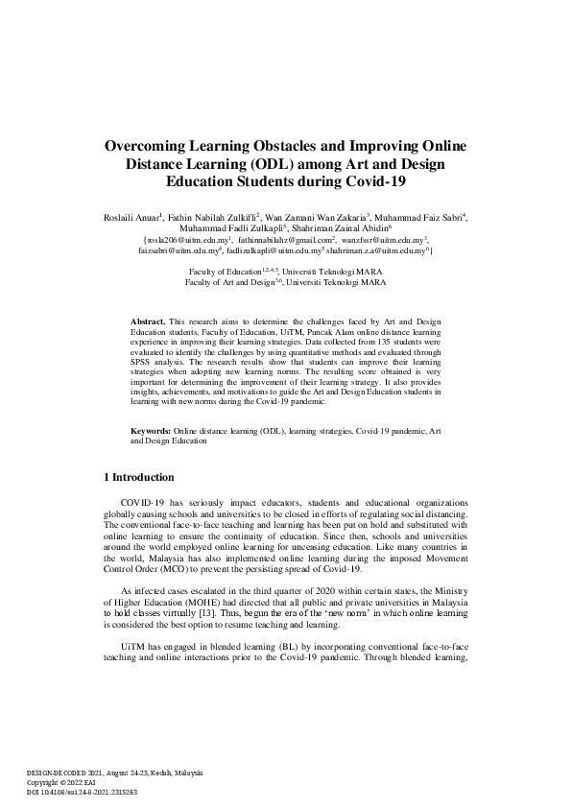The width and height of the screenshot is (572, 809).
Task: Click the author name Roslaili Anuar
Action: [131, 218]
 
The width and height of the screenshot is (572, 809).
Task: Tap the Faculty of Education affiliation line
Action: [285, 274]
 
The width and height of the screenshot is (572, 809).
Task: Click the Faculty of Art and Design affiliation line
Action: [285, 283]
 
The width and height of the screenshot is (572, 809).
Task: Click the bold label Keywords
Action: [151, 432]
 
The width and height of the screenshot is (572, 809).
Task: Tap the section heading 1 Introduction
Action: [138, 477]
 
